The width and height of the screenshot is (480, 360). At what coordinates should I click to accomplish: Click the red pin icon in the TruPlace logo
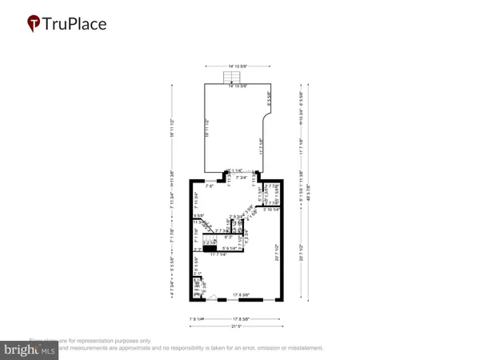click(34, 24)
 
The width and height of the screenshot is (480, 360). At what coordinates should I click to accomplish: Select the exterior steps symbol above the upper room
click(232, 77)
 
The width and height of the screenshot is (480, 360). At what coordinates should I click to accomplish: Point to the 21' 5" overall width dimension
click(235, 326)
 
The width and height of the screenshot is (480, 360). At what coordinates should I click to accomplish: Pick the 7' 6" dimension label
click(210, 186)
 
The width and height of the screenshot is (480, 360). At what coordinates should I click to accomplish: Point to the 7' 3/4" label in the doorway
click(242, 178)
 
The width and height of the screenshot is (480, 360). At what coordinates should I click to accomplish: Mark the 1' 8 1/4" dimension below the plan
click(196, 319)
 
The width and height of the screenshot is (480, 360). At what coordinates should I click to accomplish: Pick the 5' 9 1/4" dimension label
click(228, 248)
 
